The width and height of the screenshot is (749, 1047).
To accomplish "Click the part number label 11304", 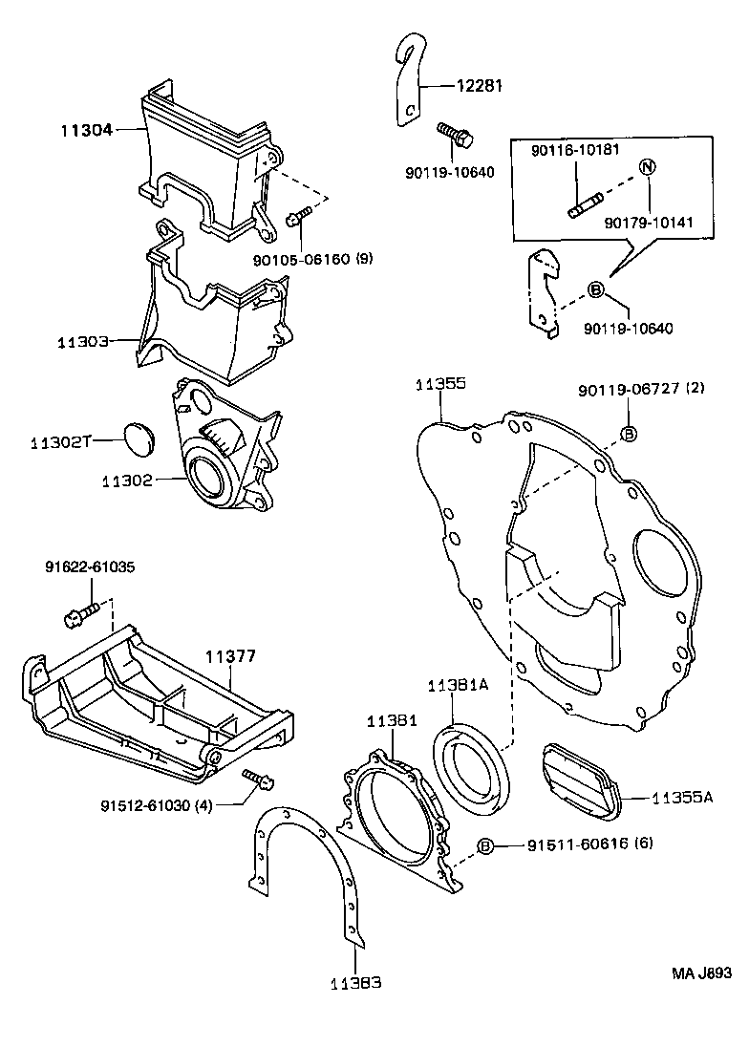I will (x=86, y=130).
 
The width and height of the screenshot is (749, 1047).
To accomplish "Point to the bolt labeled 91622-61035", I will (x=81, y=614).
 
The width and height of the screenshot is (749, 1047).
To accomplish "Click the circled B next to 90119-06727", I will (x=629, y=435).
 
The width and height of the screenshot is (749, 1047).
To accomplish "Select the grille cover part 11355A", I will (x=579, y=781).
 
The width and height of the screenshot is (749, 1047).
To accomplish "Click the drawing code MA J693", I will (x=700, y=973).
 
